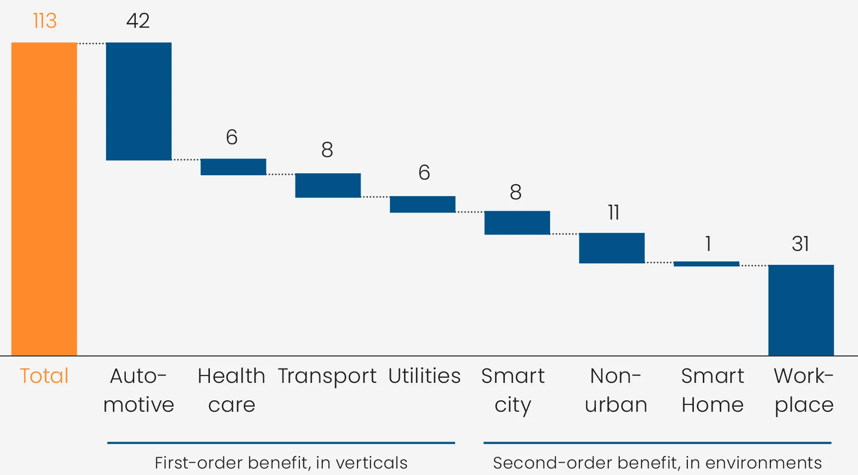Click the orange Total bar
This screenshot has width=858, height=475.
[x=44, y=199]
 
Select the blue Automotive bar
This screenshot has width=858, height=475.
[x=139, y=101]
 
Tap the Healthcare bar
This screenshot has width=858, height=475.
[x=233, y=167]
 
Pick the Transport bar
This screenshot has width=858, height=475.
[x=328, y=185]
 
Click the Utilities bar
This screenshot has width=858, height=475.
[x=422, y=204]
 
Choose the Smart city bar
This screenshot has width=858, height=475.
[x=517, y=223]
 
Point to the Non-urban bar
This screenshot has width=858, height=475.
[x=611, y=248]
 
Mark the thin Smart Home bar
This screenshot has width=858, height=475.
[x=706, y=264]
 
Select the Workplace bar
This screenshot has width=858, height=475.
[x=801, y=310]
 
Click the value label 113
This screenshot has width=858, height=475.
[x=45, y=21]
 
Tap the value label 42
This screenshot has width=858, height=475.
[x=138, y=21]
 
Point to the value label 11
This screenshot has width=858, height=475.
[x=613, y=213]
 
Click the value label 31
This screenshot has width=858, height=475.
[x=800, y=243]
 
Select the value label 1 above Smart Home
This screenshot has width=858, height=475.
[x=708, y=243]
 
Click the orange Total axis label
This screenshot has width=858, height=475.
[x=44, y=376]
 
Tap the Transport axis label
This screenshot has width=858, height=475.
[x=327, y=376]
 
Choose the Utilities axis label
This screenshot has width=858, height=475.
[x=424, y=376]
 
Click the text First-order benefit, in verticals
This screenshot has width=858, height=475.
[x=281, y=463]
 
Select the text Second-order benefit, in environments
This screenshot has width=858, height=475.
[x=657, y=463]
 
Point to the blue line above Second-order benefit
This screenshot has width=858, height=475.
[x=657, y=442]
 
